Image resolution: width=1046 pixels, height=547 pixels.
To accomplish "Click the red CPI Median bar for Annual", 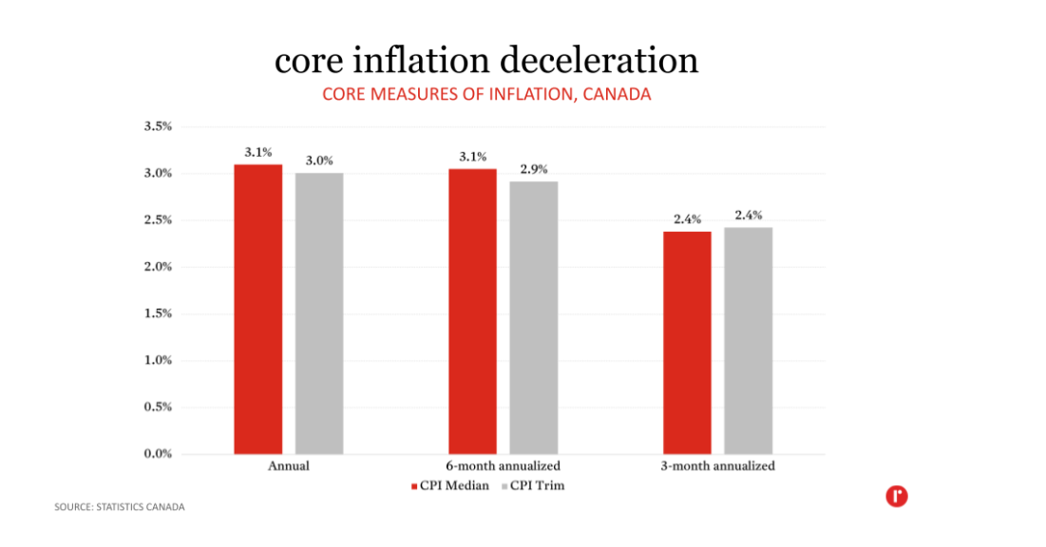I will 257,309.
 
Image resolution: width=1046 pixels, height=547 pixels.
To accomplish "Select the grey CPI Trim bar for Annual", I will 318,313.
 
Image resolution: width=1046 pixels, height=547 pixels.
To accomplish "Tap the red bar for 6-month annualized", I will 472,311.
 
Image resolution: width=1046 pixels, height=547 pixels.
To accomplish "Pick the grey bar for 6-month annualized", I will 533,317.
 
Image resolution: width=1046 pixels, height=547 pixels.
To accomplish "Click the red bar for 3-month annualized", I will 687,342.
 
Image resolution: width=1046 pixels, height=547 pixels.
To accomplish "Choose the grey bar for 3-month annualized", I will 748,340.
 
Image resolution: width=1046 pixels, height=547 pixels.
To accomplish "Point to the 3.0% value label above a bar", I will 319,160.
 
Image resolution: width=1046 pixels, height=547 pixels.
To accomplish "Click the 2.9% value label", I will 534,169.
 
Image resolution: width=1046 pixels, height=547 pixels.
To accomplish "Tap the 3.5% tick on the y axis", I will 157,126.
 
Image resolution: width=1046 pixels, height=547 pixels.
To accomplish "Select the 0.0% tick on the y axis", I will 157,454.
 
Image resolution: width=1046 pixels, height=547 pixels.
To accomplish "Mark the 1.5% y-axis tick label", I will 157,313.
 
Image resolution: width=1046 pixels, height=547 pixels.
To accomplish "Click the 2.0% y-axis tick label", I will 157,267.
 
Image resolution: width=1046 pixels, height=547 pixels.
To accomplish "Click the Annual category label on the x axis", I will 289,466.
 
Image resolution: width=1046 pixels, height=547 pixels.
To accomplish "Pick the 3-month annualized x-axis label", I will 717,466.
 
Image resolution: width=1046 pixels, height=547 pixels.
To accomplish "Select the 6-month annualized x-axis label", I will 503,466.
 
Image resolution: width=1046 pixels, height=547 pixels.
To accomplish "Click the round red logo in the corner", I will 896,495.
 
